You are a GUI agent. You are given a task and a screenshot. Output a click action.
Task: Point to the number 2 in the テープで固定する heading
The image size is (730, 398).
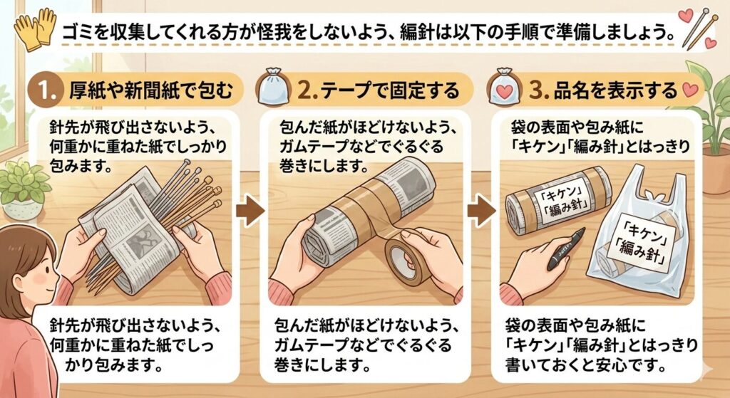[x=304, y=90]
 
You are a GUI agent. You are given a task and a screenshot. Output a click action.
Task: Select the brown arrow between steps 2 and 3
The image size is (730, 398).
[x=481, y=211]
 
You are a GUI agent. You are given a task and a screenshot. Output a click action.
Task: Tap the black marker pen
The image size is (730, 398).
[x=565, y=248]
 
